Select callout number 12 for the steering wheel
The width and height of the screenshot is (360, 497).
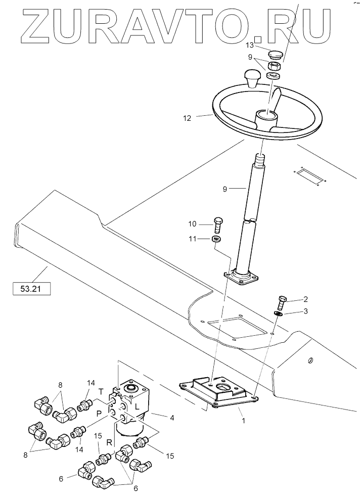[187, 119]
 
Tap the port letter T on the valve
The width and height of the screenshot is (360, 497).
[101, 391]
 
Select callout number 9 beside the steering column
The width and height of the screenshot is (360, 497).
[226, 189]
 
